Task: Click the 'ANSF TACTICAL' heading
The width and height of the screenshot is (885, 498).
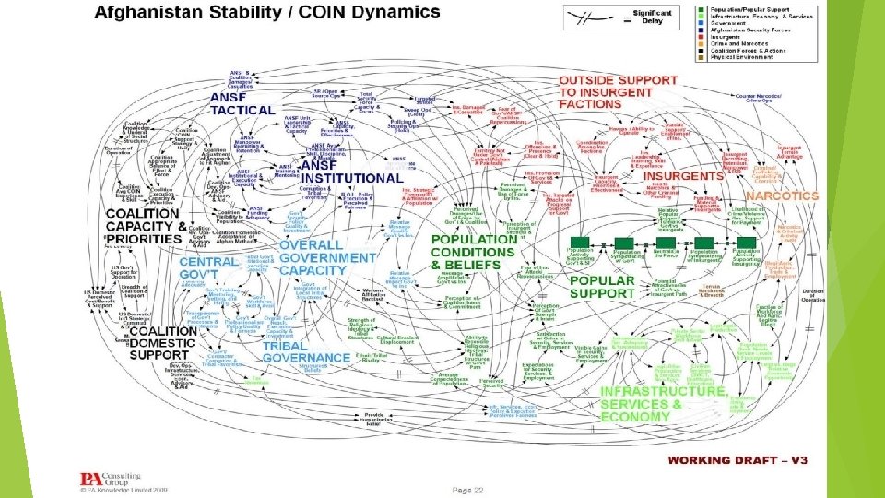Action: pyautogui.click(x=242, y=103)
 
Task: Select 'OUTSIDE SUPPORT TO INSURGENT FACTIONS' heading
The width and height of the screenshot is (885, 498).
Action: pyautogui.click(x=618, y=92)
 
